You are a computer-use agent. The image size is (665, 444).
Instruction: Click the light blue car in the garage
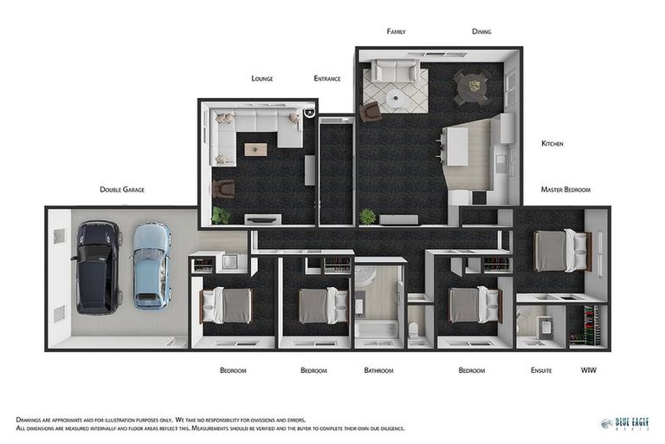[152, 265]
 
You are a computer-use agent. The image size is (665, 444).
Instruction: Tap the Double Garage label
[122, 189]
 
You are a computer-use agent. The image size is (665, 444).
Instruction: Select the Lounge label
[262, 79]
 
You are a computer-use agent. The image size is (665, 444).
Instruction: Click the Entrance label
[327, 79]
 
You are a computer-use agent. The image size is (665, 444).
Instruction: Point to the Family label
[396, 32]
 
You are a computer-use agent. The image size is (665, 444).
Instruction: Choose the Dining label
[481, 32]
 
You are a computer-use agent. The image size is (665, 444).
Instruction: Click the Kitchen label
[552, 143]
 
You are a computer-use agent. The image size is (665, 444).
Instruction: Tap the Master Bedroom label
[565, 189]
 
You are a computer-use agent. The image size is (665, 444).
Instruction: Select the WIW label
[588, 370]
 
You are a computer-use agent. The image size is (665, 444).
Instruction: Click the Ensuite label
[541, 370]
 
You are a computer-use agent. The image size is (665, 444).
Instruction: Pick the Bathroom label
[378, 370]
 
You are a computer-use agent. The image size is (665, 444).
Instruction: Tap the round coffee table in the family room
[397, 97]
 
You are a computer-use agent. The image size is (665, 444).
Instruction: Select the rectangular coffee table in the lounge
[255, 149]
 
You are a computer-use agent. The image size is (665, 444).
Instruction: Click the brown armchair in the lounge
[224, 188]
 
